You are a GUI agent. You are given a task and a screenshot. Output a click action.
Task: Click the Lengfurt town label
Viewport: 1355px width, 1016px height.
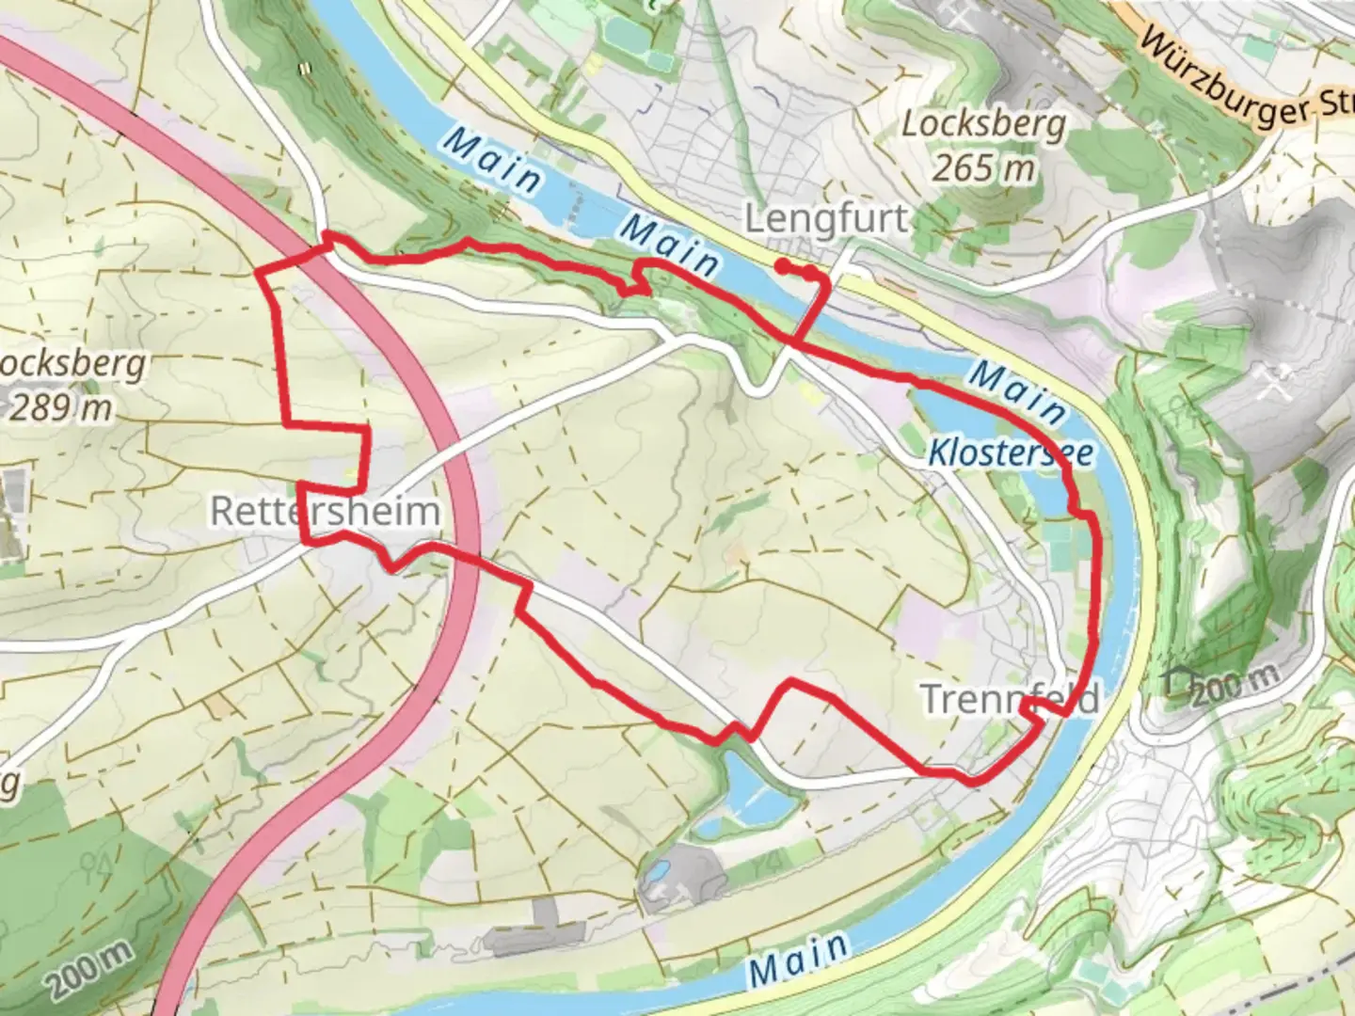pyautogui.click(x=826, y=219)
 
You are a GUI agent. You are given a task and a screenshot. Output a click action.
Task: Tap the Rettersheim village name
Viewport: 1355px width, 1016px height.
pyautogui.click(x=325, y=511)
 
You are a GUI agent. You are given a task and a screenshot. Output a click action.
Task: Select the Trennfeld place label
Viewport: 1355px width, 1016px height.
pyautogui.click(x=1009, y=699)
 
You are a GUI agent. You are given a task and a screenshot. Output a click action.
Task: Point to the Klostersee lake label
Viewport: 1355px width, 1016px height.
pyautogui.click(x=1011, y=453)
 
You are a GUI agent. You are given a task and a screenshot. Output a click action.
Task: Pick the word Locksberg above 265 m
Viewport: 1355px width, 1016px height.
pyautogui.click(x=984, y=124)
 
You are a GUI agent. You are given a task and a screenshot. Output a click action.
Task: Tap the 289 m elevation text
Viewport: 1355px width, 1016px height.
pyautogui.click(x=60, y=408)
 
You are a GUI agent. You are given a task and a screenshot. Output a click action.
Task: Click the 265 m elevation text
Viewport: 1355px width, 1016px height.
pyautogui.click(x=984, y=168)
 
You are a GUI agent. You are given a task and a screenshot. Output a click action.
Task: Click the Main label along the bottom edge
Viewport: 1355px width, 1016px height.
pyautogui.click(x=800, y=958)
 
